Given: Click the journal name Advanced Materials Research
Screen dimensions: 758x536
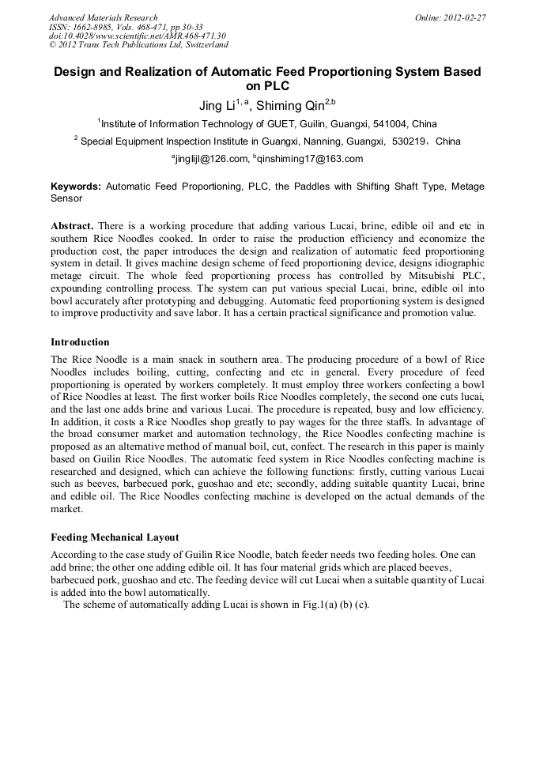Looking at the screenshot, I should click(103, 17).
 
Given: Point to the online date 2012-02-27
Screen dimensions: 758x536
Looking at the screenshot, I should click(463, 17).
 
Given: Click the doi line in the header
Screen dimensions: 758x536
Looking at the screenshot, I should click(137, 36).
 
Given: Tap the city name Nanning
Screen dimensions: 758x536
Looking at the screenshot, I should click(296, 141).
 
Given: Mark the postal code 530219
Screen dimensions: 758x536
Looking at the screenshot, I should click(410, 141).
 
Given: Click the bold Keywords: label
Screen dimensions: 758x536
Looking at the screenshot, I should click(76, 187).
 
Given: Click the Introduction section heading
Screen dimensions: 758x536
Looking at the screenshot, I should click(80, 342).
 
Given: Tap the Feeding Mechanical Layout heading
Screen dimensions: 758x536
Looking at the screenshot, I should click(115, 537).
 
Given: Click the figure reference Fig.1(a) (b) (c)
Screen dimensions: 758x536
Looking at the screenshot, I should click(330, 605).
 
